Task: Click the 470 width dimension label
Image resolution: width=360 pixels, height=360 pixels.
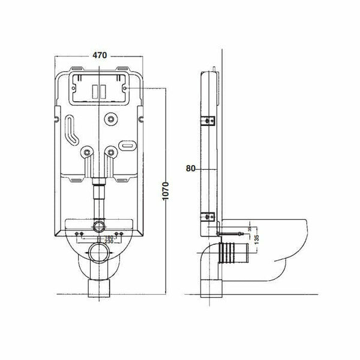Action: point(99,55)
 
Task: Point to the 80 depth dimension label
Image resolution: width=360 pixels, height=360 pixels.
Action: point(191,169)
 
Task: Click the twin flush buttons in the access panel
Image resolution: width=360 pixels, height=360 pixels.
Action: point(99,91)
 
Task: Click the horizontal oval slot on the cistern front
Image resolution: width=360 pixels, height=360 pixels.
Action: point(127,145)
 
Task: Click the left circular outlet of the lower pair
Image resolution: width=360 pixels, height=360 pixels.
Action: point(88,154)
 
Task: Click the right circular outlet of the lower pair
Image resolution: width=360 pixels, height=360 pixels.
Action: point(111,154)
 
